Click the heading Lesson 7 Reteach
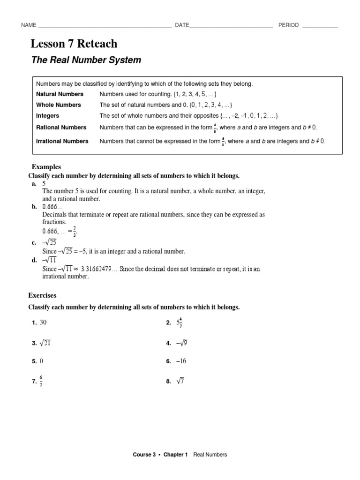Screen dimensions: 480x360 74,44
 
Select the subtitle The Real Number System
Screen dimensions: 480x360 86,60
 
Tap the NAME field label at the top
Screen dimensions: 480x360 29,25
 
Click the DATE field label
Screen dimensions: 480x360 182,25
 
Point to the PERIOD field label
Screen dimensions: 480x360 288,25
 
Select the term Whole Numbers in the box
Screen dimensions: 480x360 59,105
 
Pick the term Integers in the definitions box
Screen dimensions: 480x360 48,116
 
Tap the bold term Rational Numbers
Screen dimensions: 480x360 61,127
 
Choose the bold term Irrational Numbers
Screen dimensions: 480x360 62,141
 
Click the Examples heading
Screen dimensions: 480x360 46,167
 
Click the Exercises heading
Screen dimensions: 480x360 42,296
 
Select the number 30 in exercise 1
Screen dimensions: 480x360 44,322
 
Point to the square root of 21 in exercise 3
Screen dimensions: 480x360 45,343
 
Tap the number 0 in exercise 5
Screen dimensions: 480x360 42,361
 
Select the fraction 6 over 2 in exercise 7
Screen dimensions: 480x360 41,381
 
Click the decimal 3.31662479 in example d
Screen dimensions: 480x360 99,269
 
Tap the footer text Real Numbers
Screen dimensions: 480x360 210,454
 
